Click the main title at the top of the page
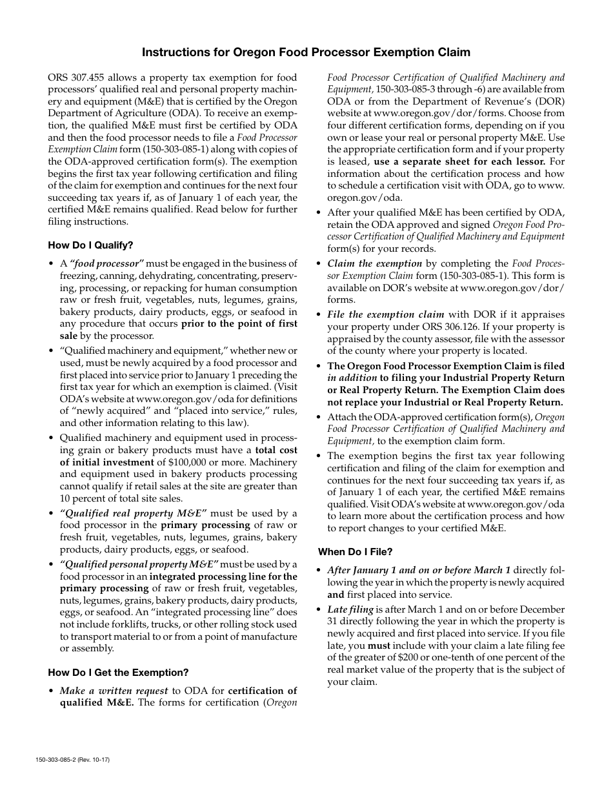tap(306, 52)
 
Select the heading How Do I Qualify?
tap(90, 245)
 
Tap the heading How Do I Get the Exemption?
tap(118, 673)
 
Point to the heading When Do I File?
tap(355, 552)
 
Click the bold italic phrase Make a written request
tap(114, 691)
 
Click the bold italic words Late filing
tap(350, 609)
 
